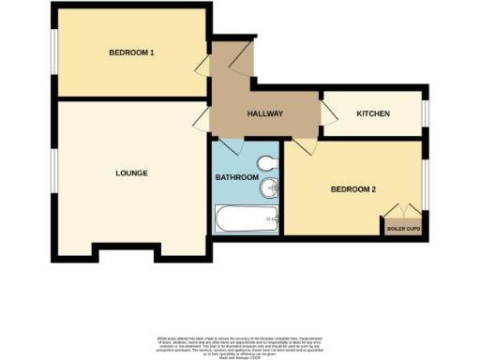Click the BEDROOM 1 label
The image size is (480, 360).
coord(132,52)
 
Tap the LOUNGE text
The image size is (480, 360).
coord(131,172)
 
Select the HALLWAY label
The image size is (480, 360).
coord(265,113)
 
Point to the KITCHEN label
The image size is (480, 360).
coord(373,113)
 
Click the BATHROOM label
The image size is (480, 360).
coord(236,177)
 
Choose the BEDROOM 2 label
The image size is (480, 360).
coord(353,189)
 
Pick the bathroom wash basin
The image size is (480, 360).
coord(269,187)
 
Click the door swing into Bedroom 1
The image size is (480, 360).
coord(202,65)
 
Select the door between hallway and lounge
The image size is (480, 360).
coord(202,118)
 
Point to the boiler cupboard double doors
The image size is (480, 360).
coord(402,211)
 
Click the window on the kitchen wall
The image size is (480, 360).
coord(424,112)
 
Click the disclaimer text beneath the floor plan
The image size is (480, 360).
coord(240,343)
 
